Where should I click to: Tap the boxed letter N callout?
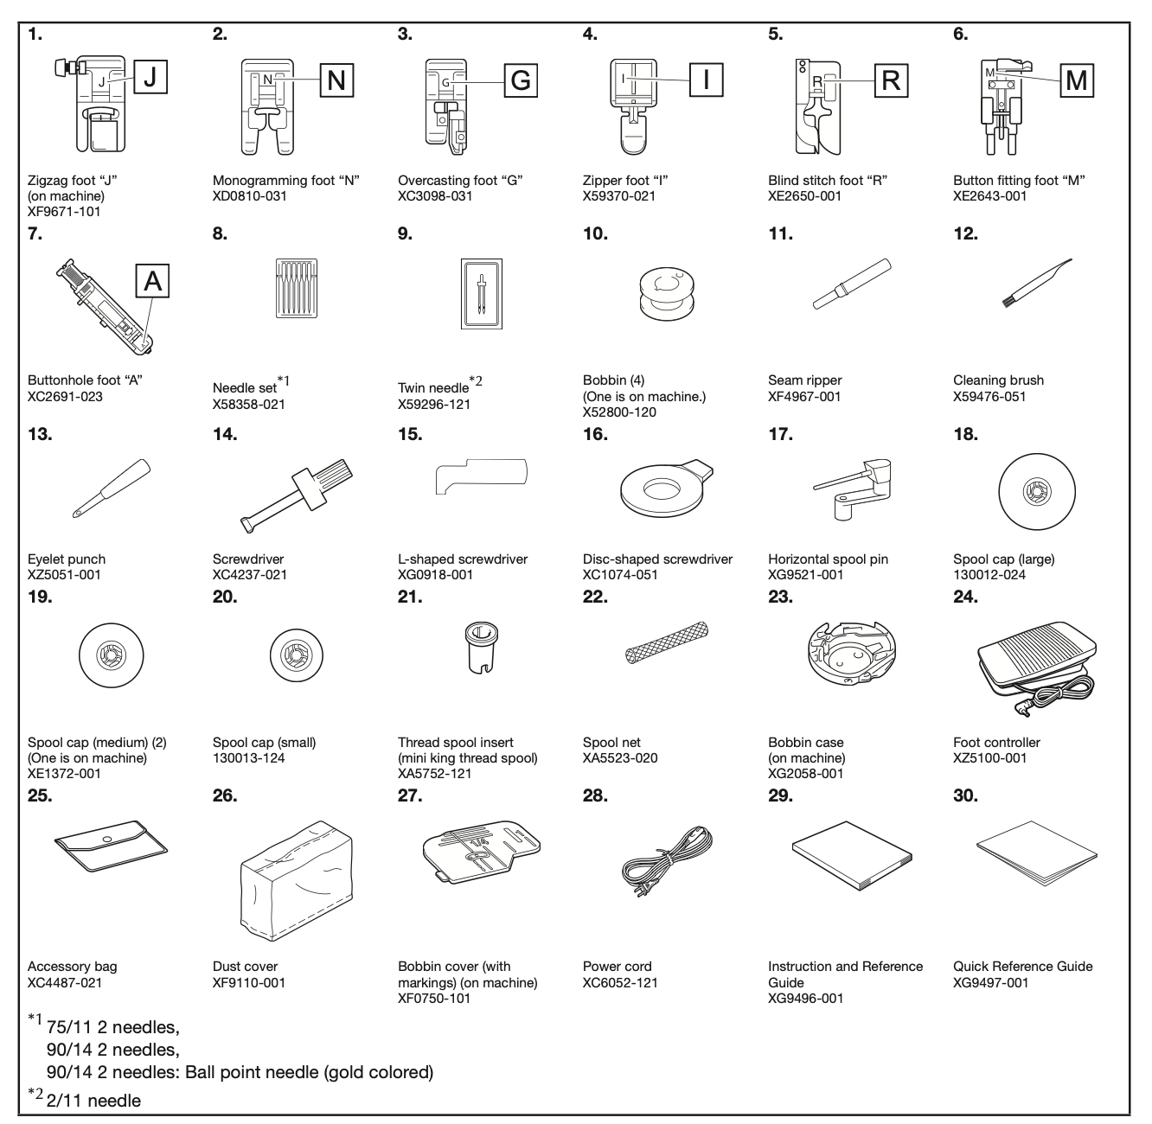[336, 80]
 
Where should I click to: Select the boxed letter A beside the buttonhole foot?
[152, 281]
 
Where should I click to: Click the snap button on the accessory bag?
[106, 840]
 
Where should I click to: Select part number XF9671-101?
[64, 212]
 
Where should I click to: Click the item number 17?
[780, 434]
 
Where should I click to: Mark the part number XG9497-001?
[990, 982]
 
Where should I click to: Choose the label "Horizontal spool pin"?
[828, 559]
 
